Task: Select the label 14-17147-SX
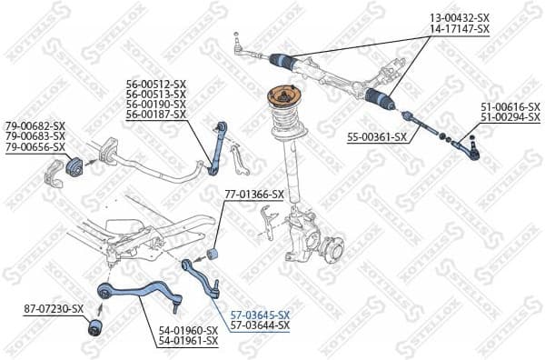click(x=459, y=29)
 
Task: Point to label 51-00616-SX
click(x=510, y=107)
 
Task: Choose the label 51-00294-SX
click(x=510, y=118)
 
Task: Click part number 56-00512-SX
click(x=155, y=83)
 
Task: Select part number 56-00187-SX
click(x=155, y=115)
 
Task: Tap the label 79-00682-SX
click(x=35, y=125)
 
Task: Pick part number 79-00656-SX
click(x=35, y=147)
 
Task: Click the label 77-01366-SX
click(x=253, y=195)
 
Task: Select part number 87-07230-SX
click(x=54, y=310)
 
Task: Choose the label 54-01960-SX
click(x=188, y=330)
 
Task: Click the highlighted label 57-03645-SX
click(x=260, y=314)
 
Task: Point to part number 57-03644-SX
click(x=260, y=325)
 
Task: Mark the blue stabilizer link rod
click(x=217, y=146)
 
